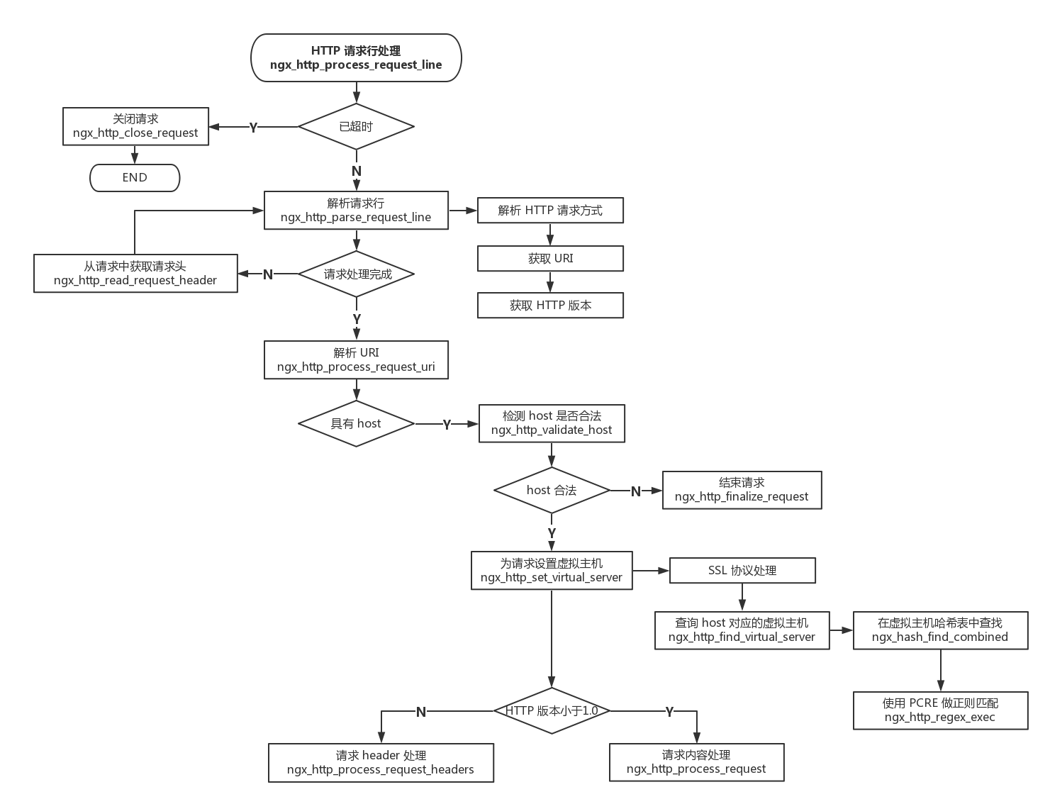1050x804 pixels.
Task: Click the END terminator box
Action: coord(135,178)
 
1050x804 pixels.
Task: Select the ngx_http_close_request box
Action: coord(135,126)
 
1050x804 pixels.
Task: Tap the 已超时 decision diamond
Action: coord(356,127)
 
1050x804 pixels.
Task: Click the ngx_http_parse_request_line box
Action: coord(356,211)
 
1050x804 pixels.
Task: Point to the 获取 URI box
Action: coord(550,259)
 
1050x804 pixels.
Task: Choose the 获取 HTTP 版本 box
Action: coord(550,306)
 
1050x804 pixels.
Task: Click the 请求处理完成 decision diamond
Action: coord(357,274)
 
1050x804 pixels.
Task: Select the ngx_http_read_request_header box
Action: coord(135,274)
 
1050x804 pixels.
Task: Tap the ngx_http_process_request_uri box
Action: coord(356,360)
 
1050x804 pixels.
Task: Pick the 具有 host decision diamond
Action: coord(356,424)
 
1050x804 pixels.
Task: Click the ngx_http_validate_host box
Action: coord(552,423)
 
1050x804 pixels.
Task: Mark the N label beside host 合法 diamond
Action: coord(635,491)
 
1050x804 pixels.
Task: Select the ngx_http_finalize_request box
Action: coord(742,490)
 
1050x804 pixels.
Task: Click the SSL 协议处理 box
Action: coord(742,571)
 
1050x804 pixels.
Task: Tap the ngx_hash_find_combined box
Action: coord(940,630)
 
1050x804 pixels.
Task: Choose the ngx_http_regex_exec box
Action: coord(940,710)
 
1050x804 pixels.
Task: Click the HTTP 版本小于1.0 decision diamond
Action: coord(552,711)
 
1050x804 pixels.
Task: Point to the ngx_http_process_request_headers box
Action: coord(381,763)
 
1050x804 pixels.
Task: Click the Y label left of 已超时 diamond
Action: coord(253,128)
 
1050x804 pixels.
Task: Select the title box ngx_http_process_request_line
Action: coord(356,58)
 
